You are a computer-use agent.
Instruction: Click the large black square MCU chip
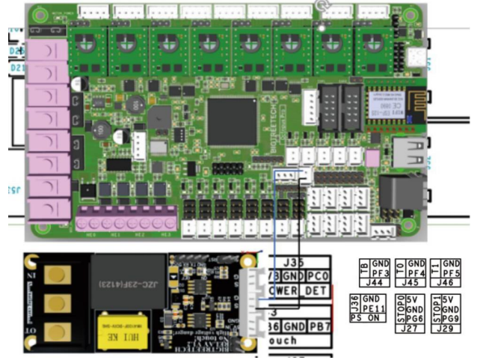[232, 121]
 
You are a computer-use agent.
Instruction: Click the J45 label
[410, 281]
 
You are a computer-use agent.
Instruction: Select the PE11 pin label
[373, 307]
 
